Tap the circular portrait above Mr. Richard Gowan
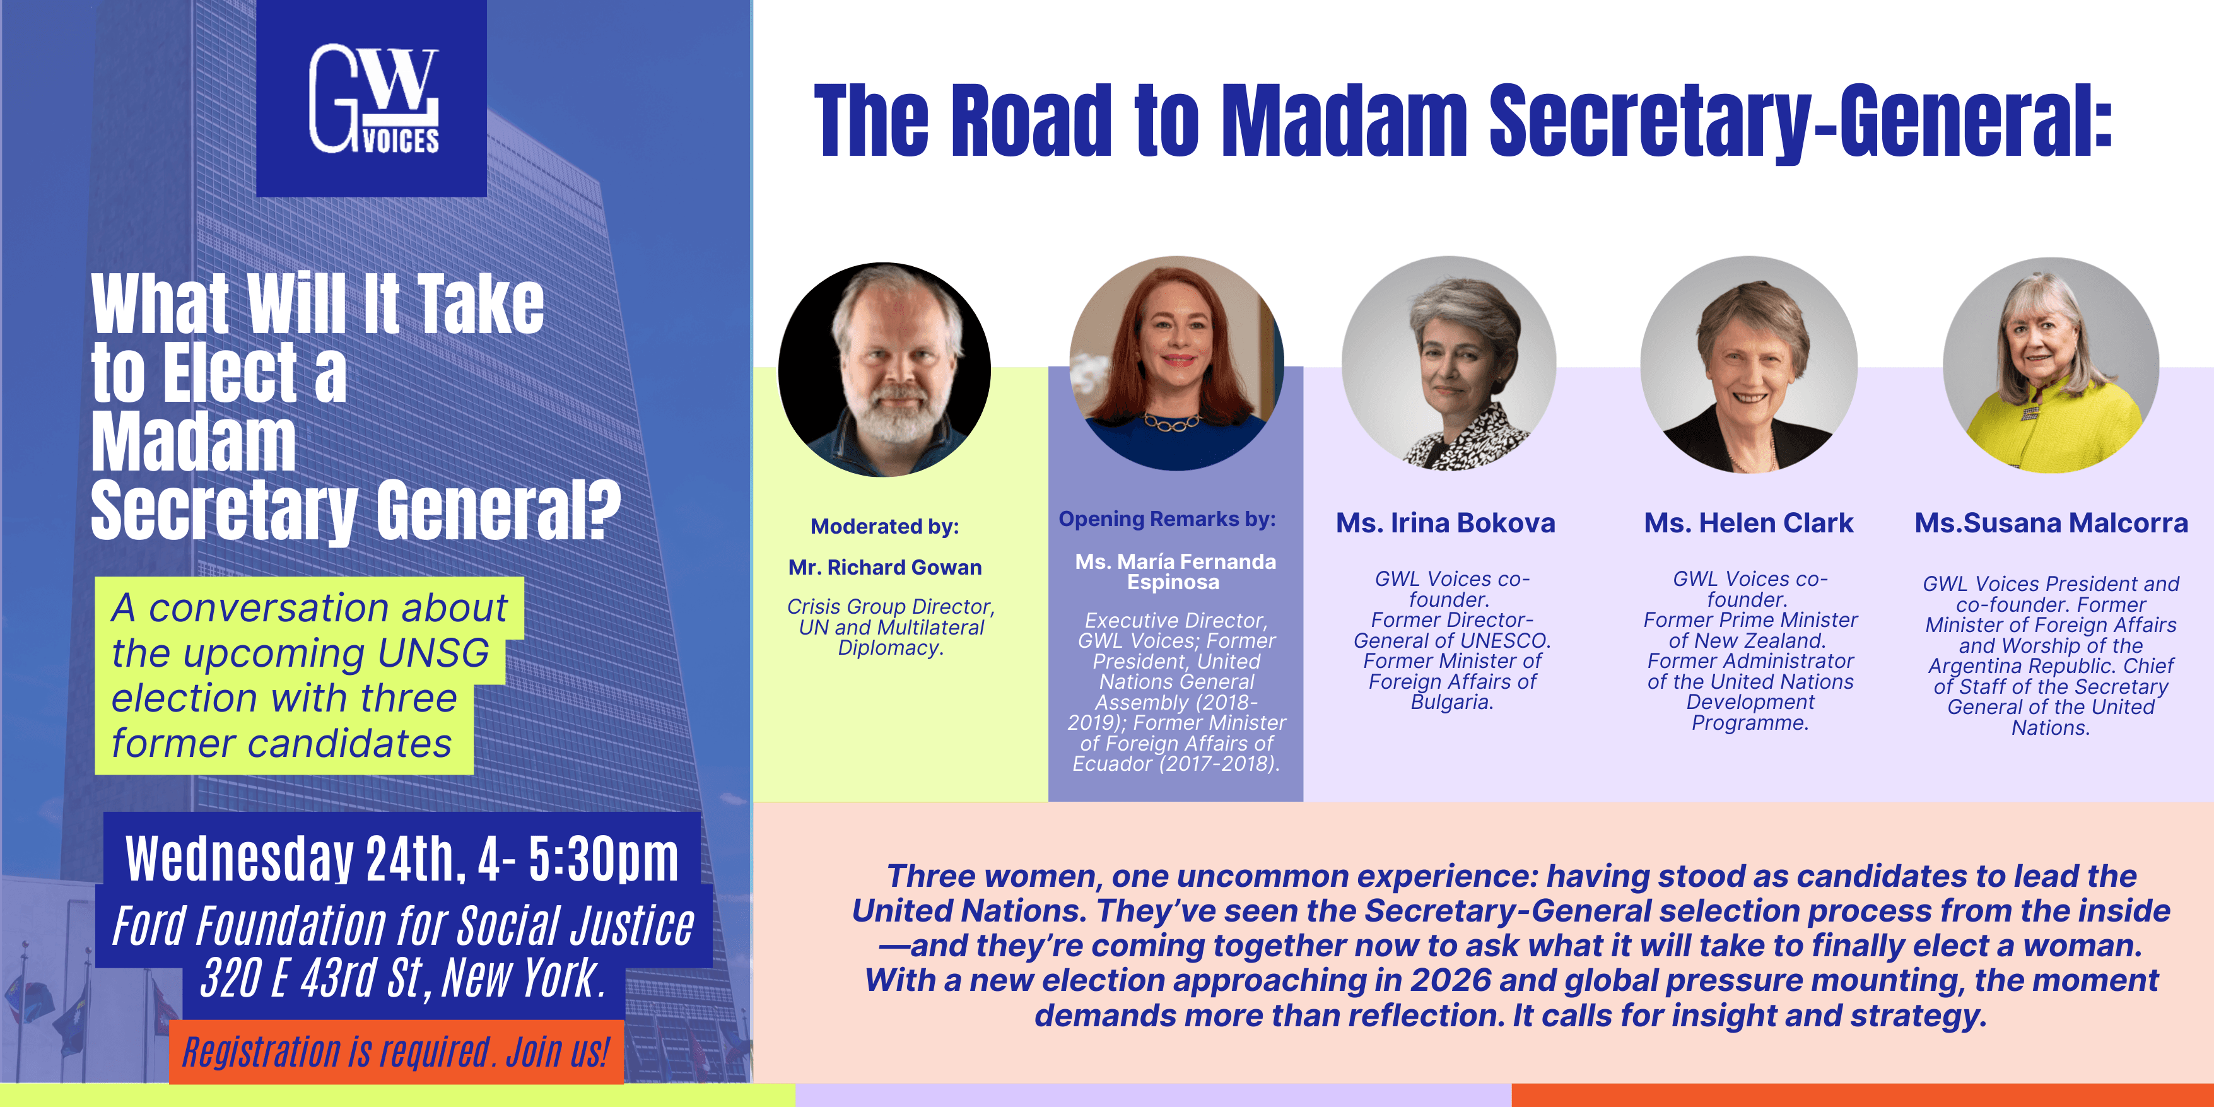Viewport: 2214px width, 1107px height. [x=884, y=370]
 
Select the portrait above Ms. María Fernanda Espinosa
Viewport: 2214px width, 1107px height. [x=1176, y=363]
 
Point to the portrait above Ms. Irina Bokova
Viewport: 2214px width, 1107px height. [x=1449, y=363]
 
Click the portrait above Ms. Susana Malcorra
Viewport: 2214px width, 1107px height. [x=2051, y=365]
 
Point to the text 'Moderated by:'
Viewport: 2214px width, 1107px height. [x=884, y=526]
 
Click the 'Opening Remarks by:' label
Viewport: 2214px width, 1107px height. [x=1167, y=519]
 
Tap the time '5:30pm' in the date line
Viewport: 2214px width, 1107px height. [x=604, y=858]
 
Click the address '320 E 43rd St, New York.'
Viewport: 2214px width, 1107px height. [x=402, y=978]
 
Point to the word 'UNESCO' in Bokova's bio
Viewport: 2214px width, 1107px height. [x=1496, y=641]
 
